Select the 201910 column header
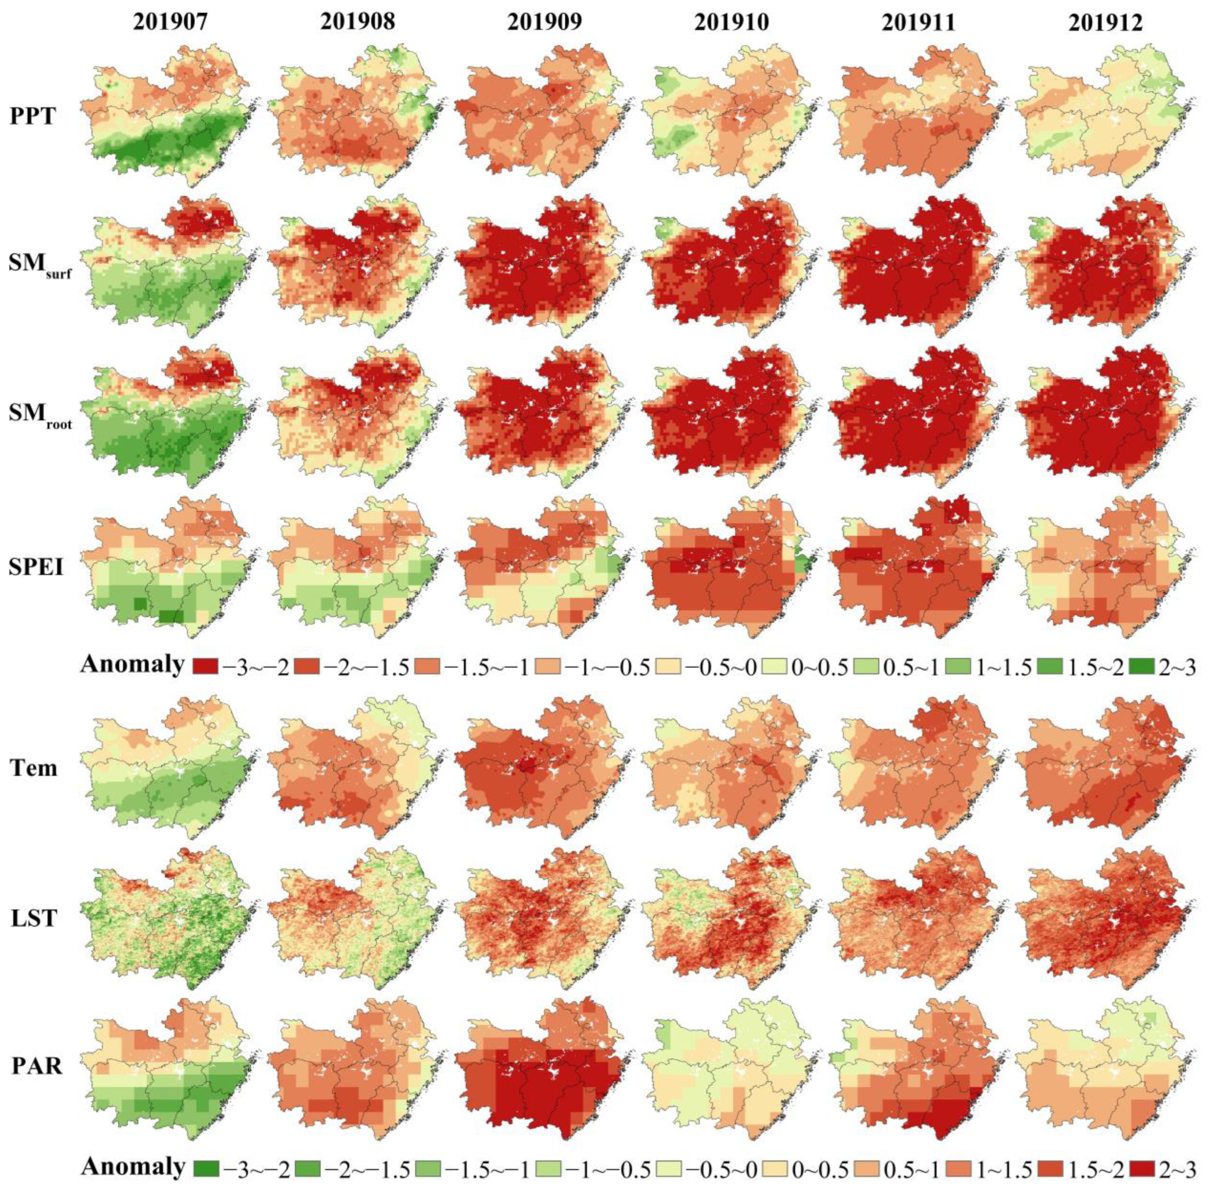732,23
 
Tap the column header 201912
1105,23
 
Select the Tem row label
34,767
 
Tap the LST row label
34,917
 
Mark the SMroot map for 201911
913,419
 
